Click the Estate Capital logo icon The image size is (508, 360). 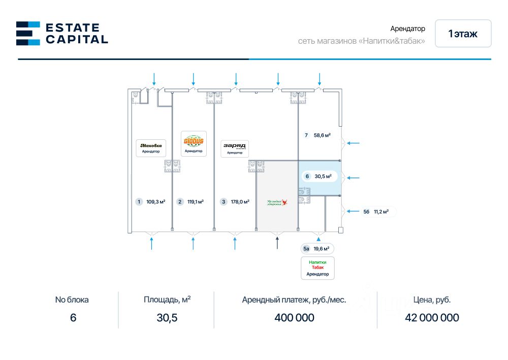(x=28, y=33)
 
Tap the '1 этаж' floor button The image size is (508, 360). (x=463, y=34)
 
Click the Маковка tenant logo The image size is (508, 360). (x=150, y=146)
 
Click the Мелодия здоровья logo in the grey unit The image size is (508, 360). (x=277, y=202)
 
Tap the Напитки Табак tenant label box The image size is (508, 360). (x=317, y=268)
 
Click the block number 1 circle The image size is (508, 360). (x=139, y=202)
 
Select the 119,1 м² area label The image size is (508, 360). (x=196, y=202)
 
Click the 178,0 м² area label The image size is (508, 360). (x=240, y=202)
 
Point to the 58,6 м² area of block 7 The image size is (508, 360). (x=322, y=135)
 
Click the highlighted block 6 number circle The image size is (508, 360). (x=307, y=176)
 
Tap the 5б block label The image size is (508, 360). (x=366, y=212)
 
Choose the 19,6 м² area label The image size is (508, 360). (x=321, y=249)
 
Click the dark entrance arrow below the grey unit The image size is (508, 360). (x=277, y=243)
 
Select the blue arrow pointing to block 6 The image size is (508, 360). (x=353, y=178)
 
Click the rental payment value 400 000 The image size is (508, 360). (x=294, y=318)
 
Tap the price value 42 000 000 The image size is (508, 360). (x=432, y=318)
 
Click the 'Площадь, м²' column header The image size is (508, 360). (x=167, y=299)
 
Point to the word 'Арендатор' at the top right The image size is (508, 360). (x=407, y=29)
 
